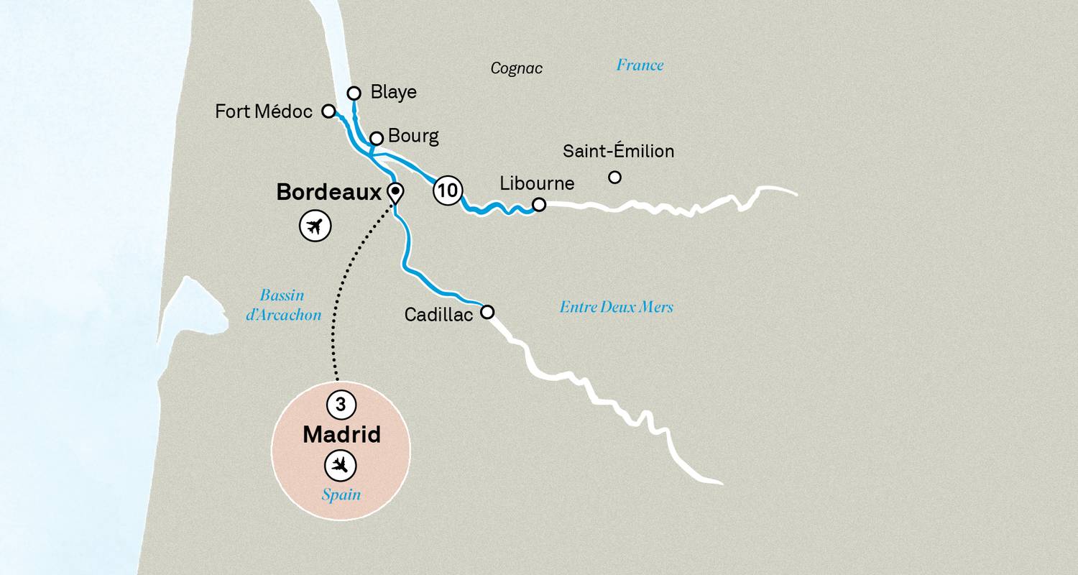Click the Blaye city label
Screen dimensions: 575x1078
point(393,92)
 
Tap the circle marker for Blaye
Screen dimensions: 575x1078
point(354,93)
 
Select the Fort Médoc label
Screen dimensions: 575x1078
point(264,111)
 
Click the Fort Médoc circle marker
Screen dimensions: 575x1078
point(328,111)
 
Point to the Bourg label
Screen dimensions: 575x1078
point(413,136)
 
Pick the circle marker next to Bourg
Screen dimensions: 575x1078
point(376,137)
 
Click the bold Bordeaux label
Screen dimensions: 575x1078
point(328,193)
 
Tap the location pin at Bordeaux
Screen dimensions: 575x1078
point(395,193)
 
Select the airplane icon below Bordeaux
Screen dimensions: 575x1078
point(314,226)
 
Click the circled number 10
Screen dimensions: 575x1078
point(446,191)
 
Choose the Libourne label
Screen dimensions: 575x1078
point(537,183)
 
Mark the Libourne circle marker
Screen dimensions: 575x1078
point(538,205)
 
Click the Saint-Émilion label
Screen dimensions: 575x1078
point(618,152)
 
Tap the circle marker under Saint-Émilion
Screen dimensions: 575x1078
point(614,177)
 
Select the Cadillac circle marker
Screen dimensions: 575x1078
point(487,312)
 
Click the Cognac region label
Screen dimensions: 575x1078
point(516,68)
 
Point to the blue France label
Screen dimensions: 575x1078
point(640,65)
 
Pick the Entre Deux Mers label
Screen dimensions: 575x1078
point(616,307)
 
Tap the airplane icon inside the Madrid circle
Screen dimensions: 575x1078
point(341,465)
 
